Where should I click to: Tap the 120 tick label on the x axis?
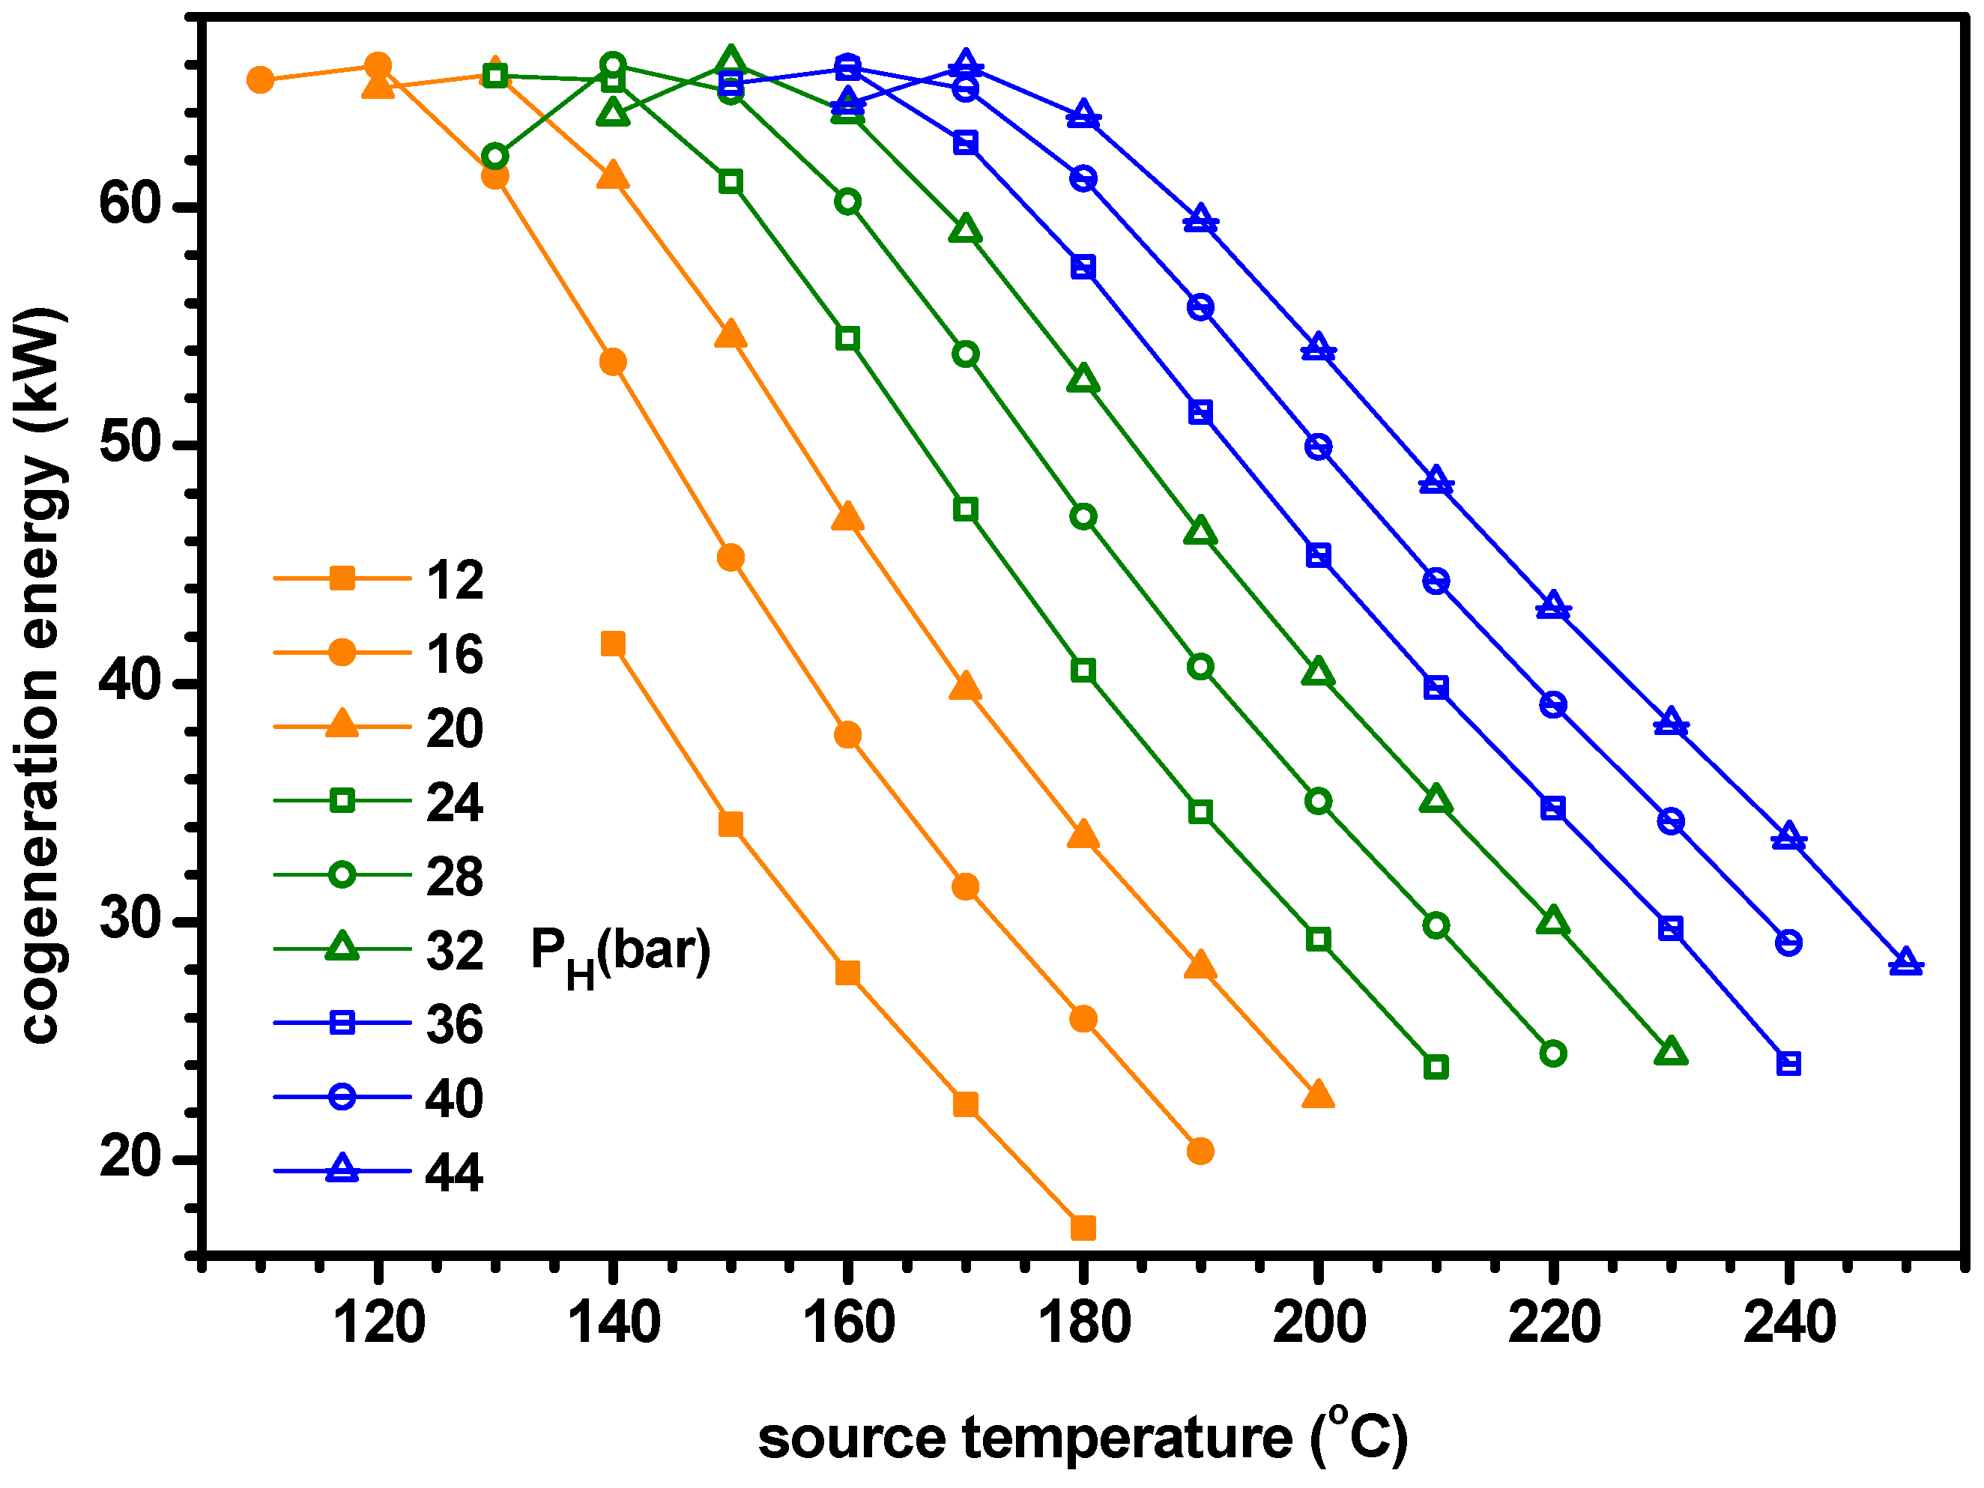click(x=378, y=1322)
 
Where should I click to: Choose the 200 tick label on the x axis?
click(x=1319, y=1322)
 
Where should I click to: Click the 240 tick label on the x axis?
click(x=1789, y=1322)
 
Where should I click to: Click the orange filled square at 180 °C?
click(x=1083, y=1228)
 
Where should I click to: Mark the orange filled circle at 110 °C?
click(x=260, y=80)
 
